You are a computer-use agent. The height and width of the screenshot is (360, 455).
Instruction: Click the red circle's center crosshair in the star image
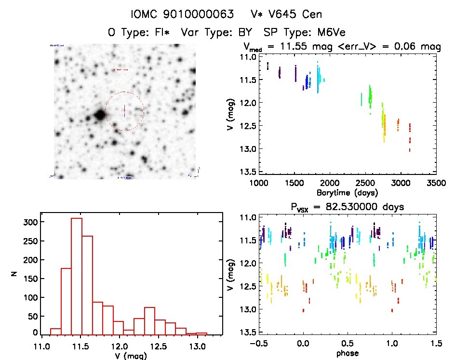124,111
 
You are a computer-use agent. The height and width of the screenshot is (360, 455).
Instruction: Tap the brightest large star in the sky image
99,115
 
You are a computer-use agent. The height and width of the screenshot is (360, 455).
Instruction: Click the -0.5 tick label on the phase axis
258,344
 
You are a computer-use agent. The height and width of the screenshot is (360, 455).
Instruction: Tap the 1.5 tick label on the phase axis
436,344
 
